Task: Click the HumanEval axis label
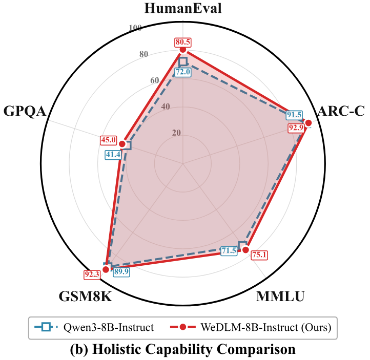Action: point(183,9)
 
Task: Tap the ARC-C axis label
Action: point(341,112)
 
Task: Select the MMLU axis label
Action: point(280,297)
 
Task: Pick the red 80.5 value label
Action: point(183,41)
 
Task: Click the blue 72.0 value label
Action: point(183,72)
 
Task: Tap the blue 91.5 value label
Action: point(294,115)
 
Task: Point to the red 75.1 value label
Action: point(260,255)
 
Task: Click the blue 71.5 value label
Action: point(229,250)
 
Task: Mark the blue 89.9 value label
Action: point(121,272)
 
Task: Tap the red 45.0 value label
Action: point(109,139)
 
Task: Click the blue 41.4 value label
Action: point(113,154)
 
